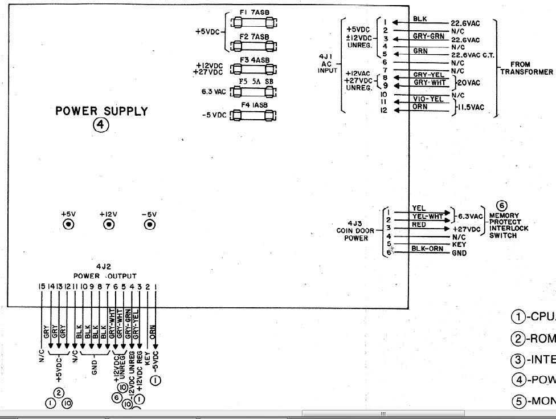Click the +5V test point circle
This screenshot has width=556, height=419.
[68, 225]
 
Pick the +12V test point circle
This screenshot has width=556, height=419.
[108, 225]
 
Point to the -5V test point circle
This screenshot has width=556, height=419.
[150, 225]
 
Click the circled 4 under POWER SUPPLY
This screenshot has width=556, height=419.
[101, 125]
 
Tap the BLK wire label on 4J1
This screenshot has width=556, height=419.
[420, 19]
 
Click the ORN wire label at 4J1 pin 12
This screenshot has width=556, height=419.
[420, 106]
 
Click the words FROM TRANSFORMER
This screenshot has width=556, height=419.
[526, 68]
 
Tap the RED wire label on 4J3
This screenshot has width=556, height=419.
[419, 225]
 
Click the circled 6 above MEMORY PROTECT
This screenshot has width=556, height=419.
[501, 206]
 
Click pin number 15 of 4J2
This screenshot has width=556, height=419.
[42, 286]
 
